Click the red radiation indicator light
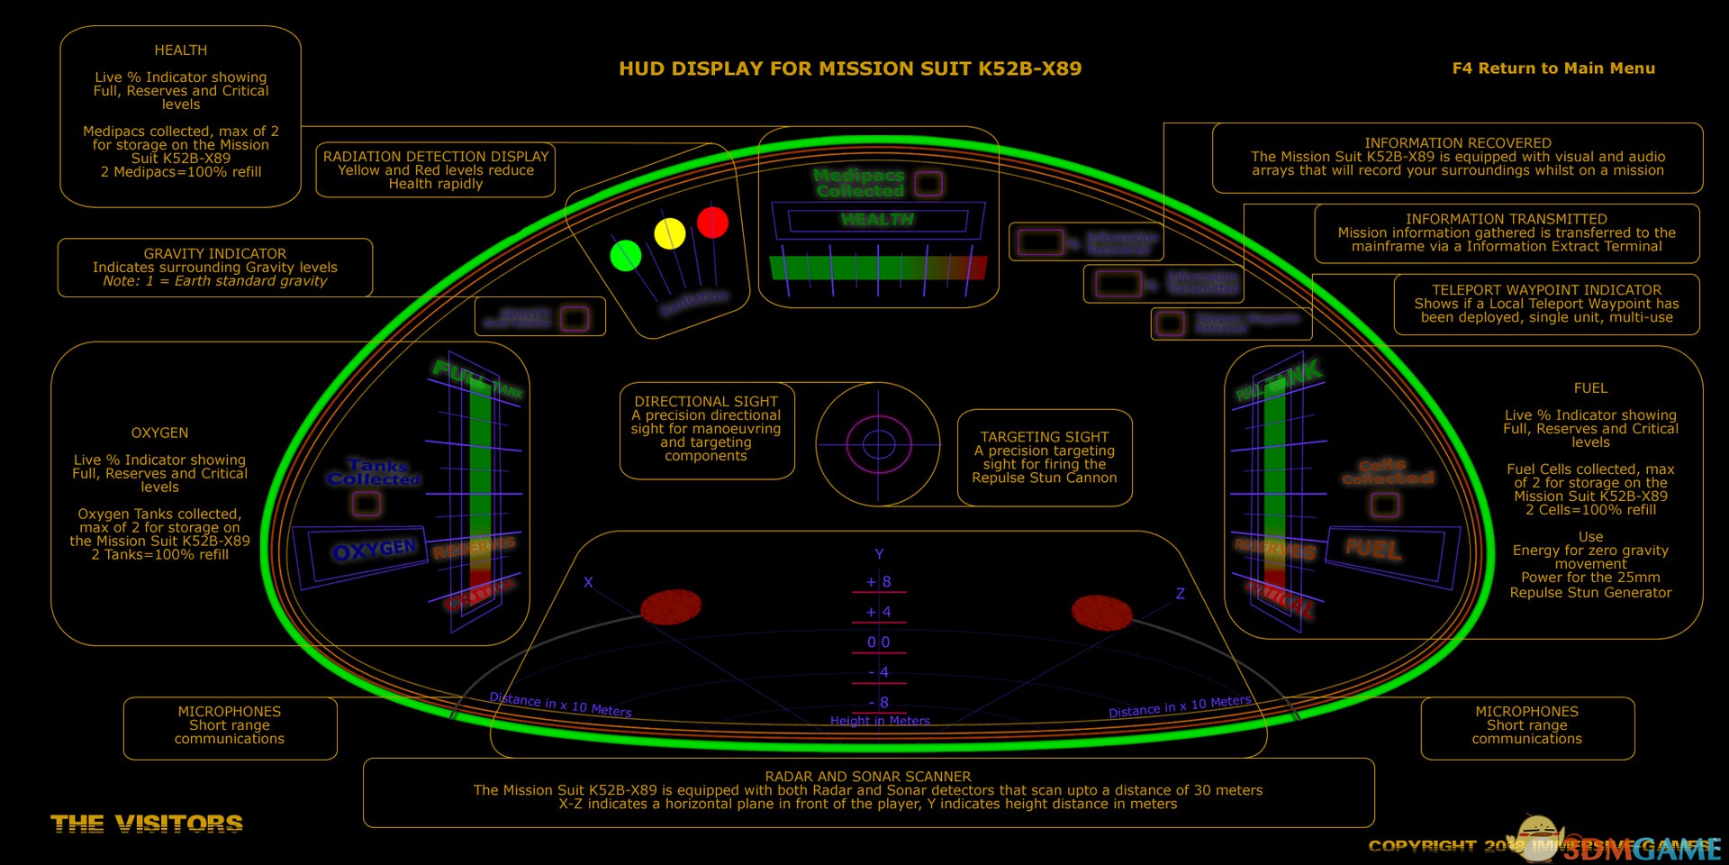coord(712,222)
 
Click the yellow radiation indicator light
coord(669,233)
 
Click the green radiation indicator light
coord(626,256)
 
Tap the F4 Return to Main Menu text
coord(1553,68)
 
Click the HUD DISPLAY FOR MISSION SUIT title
coord(850,68)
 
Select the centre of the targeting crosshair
coord(878,443)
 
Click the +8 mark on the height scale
coord(879,582)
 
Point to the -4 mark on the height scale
coord(879,672)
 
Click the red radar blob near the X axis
coord(671,607)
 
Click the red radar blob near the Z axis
coord(1101,612)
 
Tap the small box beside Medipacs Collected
coord(928,184)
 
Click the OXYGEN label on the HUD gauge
coord(375,550)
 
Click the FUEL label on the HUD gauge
coord(1372,548)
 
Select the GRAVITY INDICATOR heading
coord(215,254)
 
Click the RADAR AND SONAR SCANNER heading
coord(868,777)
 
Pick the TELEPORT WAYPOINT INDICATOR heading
coord(1546,290)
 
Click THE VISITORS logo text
coord(147,824)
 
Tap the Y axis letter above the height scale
coord(880,554)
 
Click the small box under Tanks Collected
coord(367,504)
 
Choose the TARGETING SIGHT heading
coord(1045,437)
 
